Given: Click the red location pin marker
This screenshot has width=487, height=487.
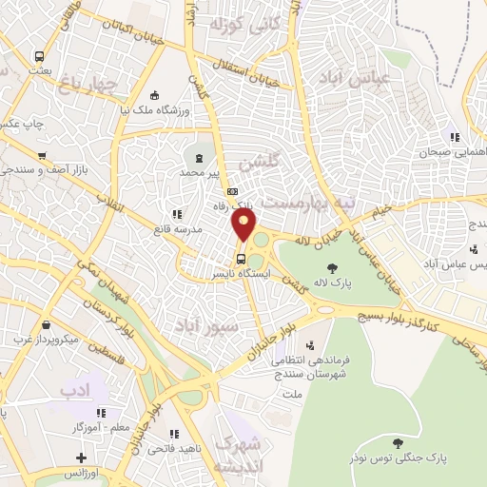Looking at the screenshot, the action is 244,225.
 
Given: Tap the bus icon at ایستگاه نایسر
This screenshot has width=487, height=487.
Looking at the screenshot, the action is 242,257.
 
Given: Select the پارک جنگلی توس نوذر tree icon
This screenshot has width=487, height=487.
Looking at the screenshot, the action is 397,442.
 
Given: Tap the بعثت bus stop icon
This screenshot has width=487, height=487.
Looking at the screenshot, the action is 39,56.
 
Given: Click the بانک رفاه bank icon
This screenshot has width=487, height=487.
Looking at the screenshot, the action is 220,189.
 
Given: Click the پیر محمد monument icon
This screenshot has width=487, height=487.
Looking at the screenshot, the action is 200,158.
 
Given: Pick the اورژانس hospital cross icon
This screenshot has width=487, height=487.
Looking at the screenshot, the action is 82,459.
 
